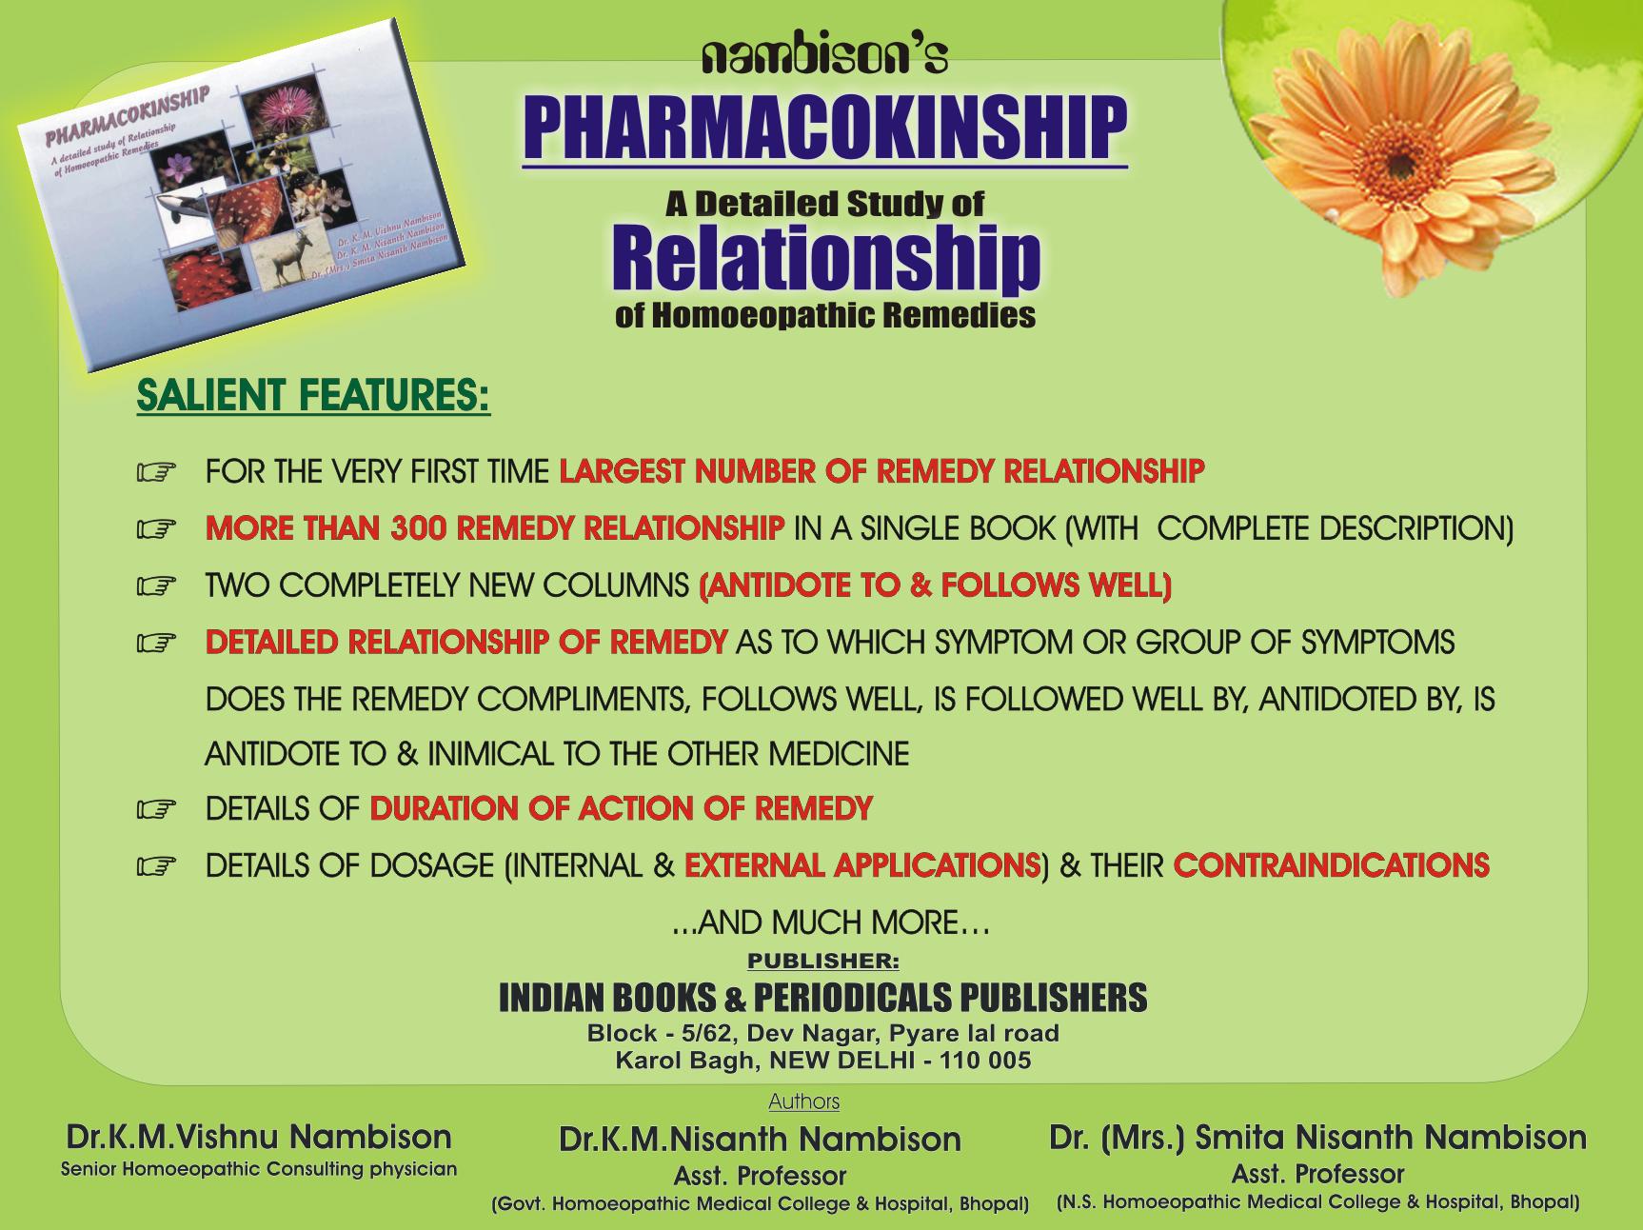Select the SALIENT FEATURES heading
point(313,396)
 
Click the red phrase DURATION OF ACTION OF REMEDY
point(622,809)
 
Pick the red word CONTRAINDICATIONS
point(1332,865)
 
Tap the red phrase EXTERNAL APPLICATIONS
point(862,865)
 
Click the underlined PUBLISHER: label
point(822,962)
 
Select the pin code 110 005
point(984,1061)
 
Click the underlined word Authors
point(804,1101)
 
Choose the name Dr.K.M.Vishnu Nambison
point(258,1137)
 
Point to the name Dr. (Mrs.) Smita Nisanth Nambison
point(1317,1138)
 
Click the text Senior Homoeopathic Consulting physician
point(259,1169)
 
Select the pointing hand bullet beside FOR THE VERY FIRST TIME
point(157,472)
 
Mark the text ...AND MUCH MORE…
point(831,922)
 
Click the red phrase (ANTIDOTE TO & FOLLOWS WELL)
point(935,585)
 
